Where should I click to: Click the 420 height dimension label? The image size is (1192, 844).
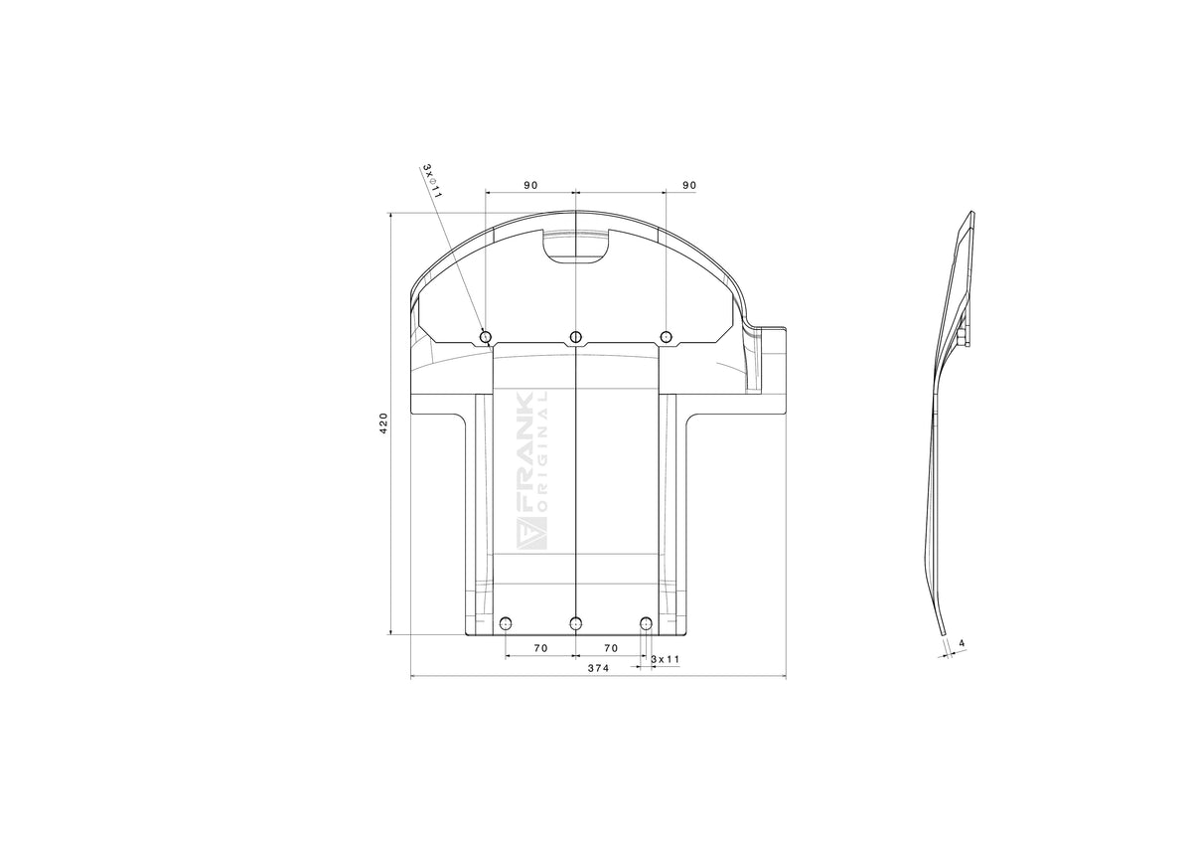(x=383, y=422)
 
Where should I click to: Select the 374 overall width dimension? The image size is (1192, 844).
(x=598, y=668)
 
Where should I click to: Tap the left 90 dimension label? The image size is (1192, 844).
(x=530, y=185)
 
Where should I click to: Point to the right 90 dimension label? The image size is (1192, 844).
(x=689, y=185)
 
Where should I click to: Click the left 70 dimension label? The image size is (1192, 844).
(x=540, y=648)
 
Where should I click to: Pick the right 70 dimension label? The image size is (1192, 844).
(x=611, y=648)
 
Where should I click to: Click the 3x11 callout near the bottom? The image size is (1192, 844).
(x=666, y=659)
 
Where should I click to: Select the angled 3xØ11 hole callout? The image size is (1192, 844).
(x=432, y=181)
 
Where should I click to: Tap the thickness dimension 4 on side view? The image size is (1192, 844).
(x=962, y=643)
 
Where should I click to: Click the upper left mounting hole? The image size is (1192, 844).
(x=486, y=337)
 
